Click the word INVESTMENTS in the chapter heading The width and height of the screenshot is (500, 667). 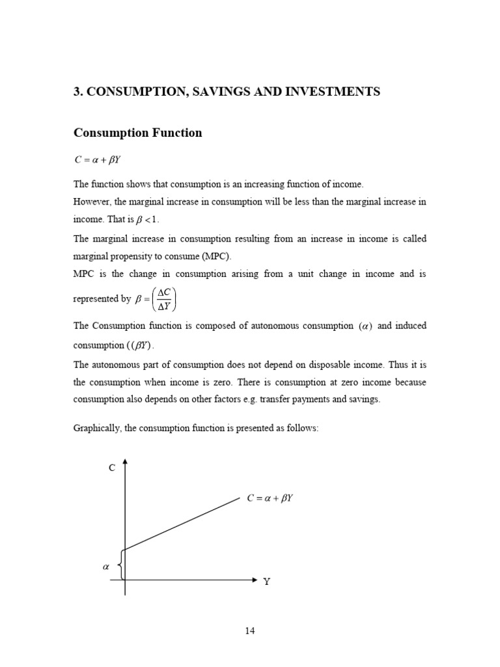334,92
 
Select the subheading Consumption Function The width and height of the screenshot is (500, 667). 137,133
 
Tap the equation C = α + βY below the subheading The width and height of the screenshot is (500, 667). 98,160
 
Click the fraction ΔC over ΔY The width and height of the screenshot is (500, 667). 163,300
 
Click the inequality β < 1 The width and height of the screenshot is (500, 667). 146,220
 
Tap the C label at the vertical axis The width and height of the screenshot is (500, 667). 111,468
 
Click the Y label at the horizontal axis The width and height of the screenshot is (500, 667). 266,582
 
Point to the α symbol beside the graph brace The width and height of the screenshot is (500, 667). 106,567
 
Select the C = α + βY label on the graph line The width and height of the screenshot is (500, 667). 270,498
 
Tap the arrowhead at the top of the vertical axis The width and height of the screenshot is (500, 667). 125,461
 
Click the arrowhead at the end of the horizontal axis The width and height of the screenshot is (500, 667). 255,578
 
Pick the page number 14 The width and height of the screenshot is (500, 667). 250,631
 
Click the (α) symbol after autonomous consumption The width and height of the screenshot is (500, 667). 365,326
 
